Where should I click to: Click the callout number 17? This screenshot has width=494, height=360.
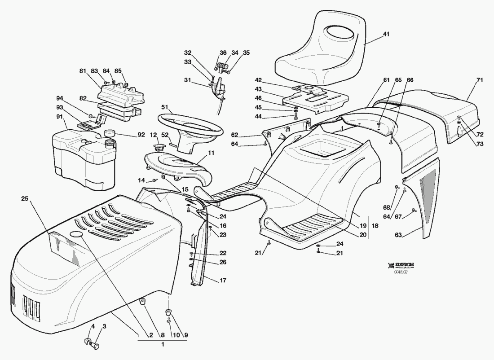(223, 281)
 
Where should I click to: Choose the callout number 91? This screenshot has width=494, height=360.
(60, 116)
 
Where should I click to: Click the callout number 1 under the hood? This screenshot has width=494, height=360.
(162, 344)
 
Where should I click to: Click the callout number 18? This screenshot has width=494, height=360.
(375, 227)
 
